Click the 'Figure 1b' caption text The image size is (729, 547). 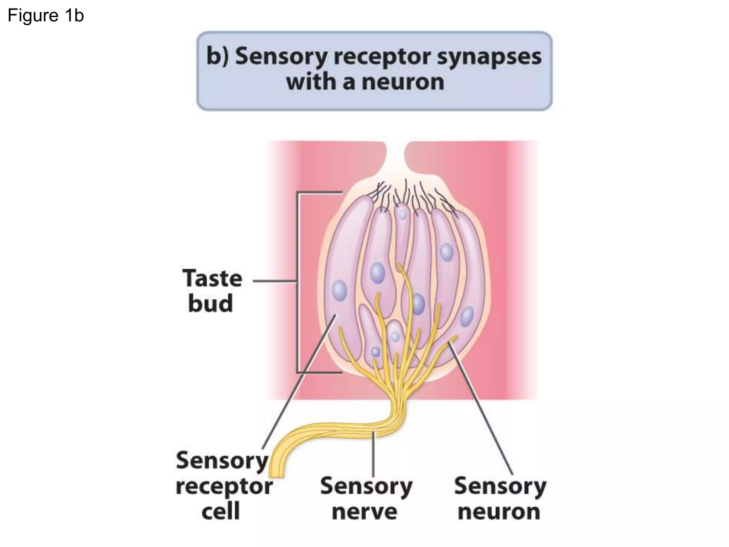pos(46,16)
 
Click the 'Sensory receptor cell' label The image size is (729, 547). pos(224,486)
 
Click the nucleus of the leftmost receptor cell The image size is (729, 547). pos(340,290)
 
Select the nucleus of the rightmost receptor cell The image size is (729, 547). pos(467,317)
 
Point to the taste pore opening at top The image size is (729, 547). pos(395,157)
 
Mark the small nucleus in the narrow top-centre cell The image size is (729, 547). pos(402,215)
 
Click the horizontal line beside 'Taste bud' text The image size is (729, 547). pos(274,281)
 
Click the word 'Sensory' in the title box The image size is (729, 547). pos(281,57)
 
